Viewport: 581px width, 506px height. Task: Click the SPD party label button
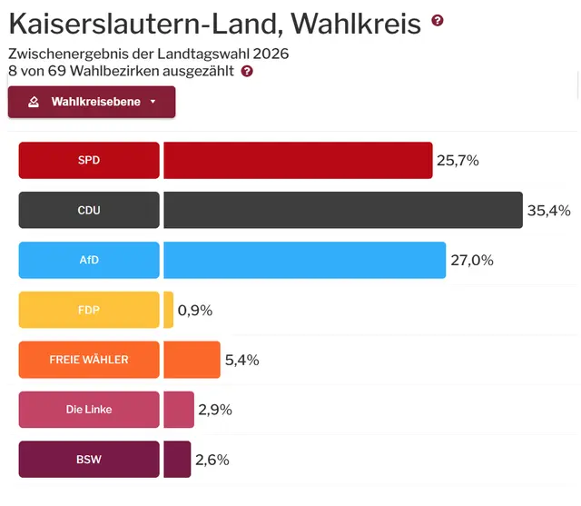coord(89,160)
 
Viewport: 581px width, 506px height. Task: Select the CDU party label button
coord(89,210)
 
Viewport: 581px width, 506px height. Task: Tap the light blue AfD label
coord(89,260)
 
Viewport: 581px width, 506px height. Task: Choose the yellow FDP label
coord(89,310)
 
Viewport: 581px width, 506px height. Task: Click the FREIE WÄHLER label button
coord(89,360)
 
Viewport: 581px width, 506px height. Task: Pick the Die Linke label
coord(89,410)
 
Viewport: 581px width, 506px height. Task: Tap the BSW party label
coord(89,460)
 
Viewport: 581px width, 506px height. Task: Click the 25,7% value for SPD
coord(458,161)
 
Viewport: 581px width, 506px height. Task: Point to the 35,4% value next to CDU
coord(548,211)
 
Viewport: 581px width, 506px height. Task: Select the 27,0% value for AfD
coord(471,261)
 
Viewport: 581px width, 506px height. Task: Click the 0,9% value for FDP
coord(195,311)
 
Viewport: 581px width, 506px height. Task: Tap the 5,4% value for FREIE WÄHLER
coord(241,361)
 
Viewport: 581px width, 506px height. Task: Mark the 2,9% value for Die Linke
coord(216,411)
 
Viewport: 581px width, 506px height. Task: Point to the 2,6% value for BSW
coord(212,461)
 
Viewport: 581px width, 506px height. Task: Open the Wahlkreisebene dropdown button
coord(92,102)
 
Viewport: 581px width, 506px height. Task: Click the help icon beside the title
coord(438,21)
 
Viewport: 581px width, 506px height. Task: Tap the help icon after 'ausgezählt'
coord(247,71)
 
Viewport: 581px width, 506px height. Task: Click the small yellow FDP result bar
coord(168,310)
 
